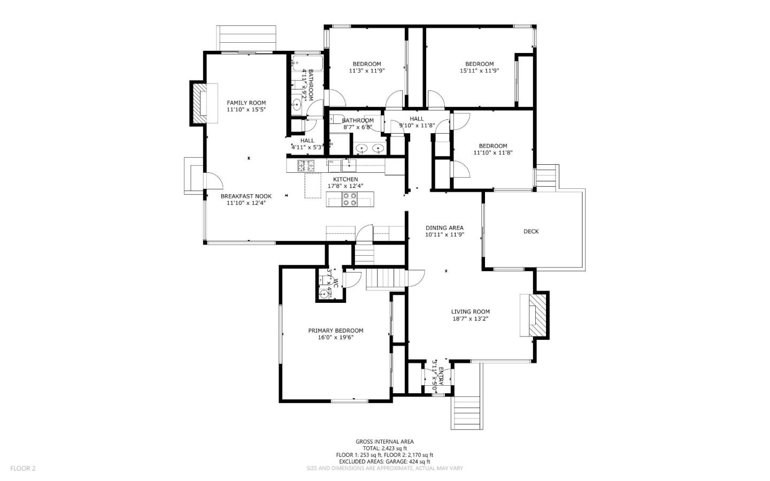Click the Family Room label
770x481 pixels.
tap(246, 103)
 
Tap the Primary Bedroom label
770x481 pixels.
tap(335, 331)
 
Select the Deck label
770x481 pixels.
tap(531, 231)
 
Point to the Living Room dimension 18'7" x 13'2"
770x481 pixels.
tap(470, 319)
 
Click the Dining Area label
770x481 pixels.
tap(444, 227)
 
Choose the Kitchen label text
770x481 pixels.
tap(345, 179)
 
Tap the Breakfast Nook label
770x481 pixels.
tap(246, 196)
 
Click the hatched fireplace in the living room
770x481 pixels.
tap(536, 316)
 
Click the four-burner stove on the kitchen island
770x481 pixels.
tap(350, 199)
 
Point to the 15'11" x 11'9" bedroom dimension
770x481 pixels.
tap(479, 71)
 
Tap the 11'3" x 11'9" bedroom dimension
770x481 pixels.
tap(367, 71)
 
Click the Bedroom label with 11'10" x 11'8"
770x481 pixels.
tap(492, 146)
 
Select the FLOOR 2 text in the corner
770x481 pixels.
tap(22, 468)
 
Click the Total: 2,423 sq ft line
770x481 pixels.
tap(384, 448)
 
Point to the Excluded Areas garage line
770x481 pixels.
tap(384, 461)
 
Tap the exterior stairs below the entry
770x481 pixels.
tap(467, 412)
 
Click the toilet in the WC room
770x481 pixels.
tap(324, 293)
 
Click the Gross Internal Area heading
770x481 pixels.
tap(384, 441)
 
